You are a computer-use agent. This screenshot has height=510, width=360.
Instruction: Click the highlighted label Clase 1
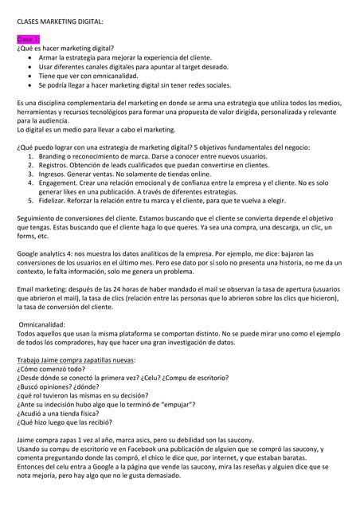pos(28,39)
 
